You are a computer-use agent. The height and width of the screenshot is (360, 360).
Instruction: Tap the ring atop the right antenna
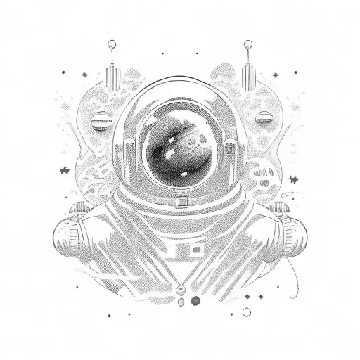pos(247,46)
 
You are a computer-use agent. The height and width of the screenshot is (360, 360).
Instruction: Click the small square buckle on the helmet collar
pos(181,202)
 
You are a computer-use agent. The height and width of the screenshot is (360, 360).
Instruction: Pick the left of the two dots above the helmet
pos(163,53)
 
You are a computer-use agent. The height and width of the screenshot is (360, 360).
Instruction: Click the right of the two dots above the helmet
pos(198,53)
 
